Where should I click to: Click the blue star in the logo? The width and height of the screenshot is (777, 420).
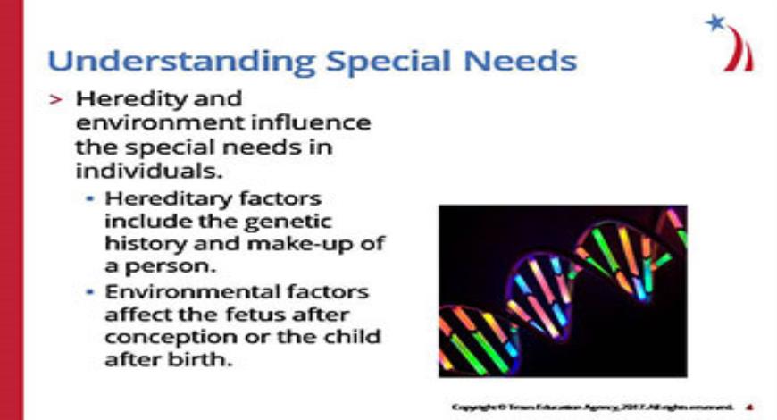pos(714,23)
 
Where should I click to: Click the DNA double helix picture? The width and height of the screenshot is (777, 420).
pos(563,290)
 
